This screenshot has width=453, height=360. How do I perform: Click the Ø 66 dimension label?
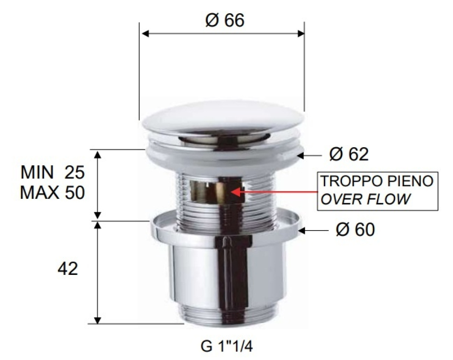pos(225,20)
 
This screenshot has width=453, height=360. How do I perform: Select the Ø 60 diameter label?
pos(355,230)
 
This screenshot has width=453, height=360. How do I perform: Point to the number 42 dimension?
pos(68,269)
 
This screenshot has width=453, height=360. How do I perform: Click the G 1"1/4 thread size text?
pos(226,346)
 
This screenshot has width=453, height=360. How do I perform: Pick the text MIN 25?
pos(53,173)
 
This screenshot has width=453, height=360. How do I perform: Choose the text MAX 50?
pos(53,192)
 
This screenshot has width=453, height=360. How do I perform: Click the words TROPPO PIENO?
pos(377,181)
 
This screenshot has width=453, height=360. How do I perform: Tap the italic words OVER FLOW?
pos(366,199)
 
